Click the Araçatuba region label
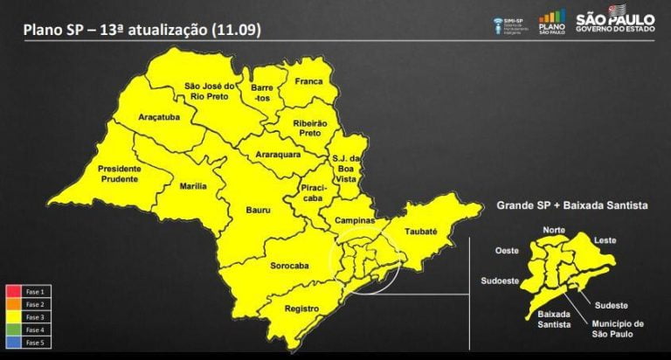click(x=159, y=116)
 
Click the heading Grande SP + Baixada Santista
click(x=571, y=205)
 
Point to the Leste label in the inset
click(x=605, y=239)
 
